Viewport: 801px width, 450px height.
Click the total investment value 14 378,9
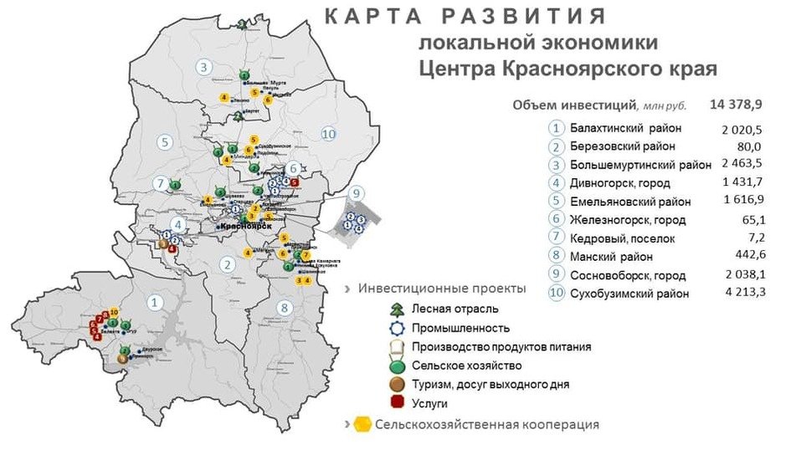point(734,105)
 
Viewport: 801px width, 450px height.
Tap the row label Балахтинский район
point(625,128)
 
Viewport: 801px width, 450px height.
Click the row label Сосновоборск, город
point(628,275)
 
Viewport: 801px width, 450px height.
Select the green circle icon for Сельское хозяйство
point(400,366)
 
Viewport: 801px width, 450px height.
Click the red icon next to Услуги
point(400,403)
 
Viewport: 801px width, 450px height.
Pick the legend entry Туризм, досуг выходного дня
point(490,385)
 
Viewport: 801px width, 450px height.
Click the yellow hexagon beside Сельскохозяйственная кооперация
point(362,425)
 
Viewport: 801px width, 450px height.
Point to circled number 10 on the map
point(328,134)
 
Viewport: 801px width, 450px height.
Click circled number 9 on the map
point(357,194)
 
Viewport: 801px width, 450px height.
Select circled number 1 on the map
point(154,302)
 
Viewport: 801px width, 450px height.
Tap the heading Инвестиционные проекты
point(442,289)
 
